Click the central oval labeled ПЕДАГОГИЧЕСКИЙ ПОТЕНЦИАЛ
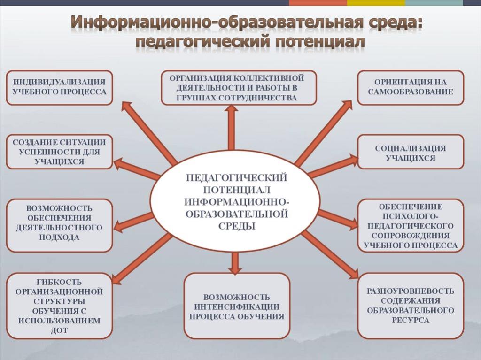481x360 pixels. (235, 201)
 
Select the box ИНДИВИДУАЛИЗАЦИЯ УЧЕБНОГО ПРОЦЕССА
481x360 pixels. (60, 88)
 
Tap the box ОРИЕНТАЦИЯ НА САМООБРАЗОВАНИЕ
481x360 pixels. (411, 88)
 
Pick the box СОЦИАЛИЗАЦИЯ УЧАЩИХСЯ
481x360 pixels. (411, 152)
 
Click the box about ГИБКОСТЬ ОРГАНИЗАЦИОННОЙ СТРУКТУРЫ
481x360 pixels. (60, 306)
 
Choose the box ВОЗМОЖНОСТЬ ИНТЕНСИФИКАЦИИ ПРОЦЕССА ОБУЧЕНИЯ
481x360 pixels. (237, 306)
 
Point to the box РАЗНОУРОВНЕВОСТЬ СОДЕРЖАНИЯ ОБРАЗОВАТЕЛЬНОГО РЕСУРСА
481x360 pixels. (411, 306)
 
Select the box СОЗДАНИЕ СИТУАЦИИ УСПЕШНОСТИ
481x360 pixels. (60, 152)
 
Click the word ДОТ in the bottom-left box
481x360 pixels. (59, 330)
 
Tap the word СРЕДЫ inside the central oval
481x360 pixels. (237, 226)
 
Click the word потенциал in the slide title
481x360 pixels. (320, 42)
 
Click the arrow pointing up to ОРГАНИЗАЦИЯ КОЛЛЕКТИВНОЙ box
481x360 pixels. (231, 127)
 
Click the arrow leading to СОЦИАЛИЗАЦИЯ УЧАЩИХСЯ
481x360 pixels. (333, 167)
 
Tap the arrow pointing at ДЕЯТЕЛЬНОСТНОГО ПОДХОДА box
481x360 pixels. (133, 222)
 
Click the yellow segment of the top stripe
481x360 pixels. (376, 3)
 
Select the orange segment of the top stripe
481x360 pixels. (318, 3)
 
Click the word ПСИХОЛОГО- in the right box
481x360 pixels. (411, 216)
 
